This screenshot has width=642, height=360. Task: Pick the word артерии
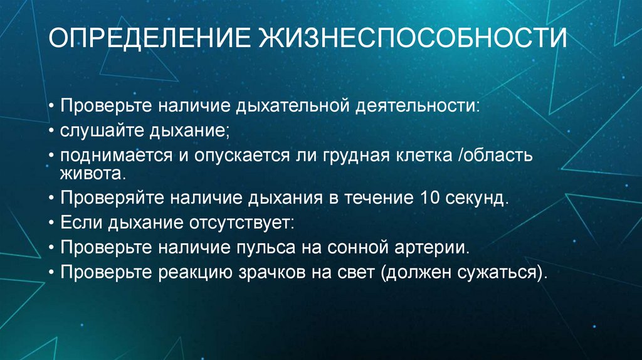coord(436,247)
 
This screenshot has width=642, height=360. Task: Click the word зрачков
coord(299,273)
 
